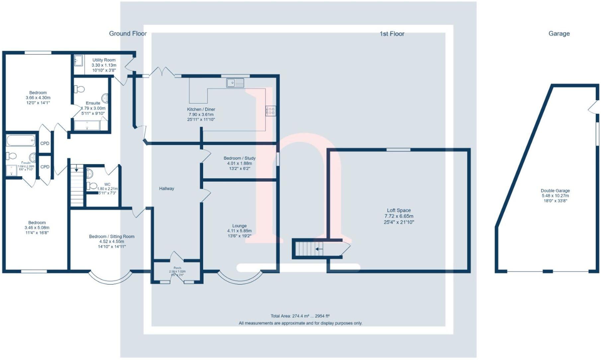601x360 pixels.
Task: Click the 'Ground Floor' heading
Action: tap(128, 34)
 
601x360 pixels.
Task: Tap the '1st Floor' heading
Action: tap(392, 34)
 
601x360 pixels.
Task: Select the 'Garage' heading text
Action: tap(559, 34)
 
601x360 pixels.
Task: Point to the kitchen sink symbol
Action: tap(235, 83)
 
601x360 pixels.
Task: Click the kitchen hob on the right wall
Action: tap(271, 111)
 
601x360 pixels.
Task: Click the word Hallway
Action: tap(166, 189)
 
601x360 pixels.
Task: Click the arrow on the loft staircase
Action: tap(319, 249)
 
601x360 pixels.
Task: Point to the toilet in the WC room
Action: tap(92, 186)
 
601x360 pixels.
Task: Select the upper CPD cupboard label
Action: tap(45, 143)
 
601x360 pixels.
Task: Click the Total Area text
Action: tap(300, 316)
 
